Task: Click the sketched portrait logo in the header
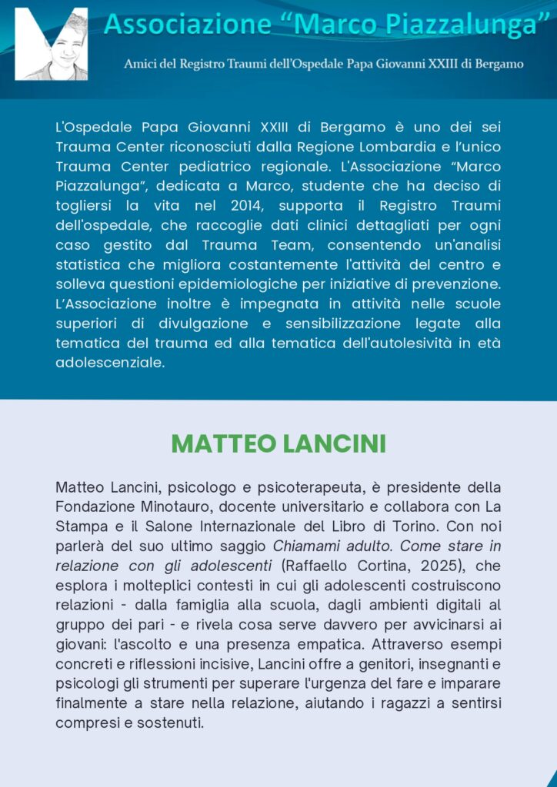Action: pos(51,44)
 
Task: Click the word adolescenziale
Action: pos(110,364)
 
